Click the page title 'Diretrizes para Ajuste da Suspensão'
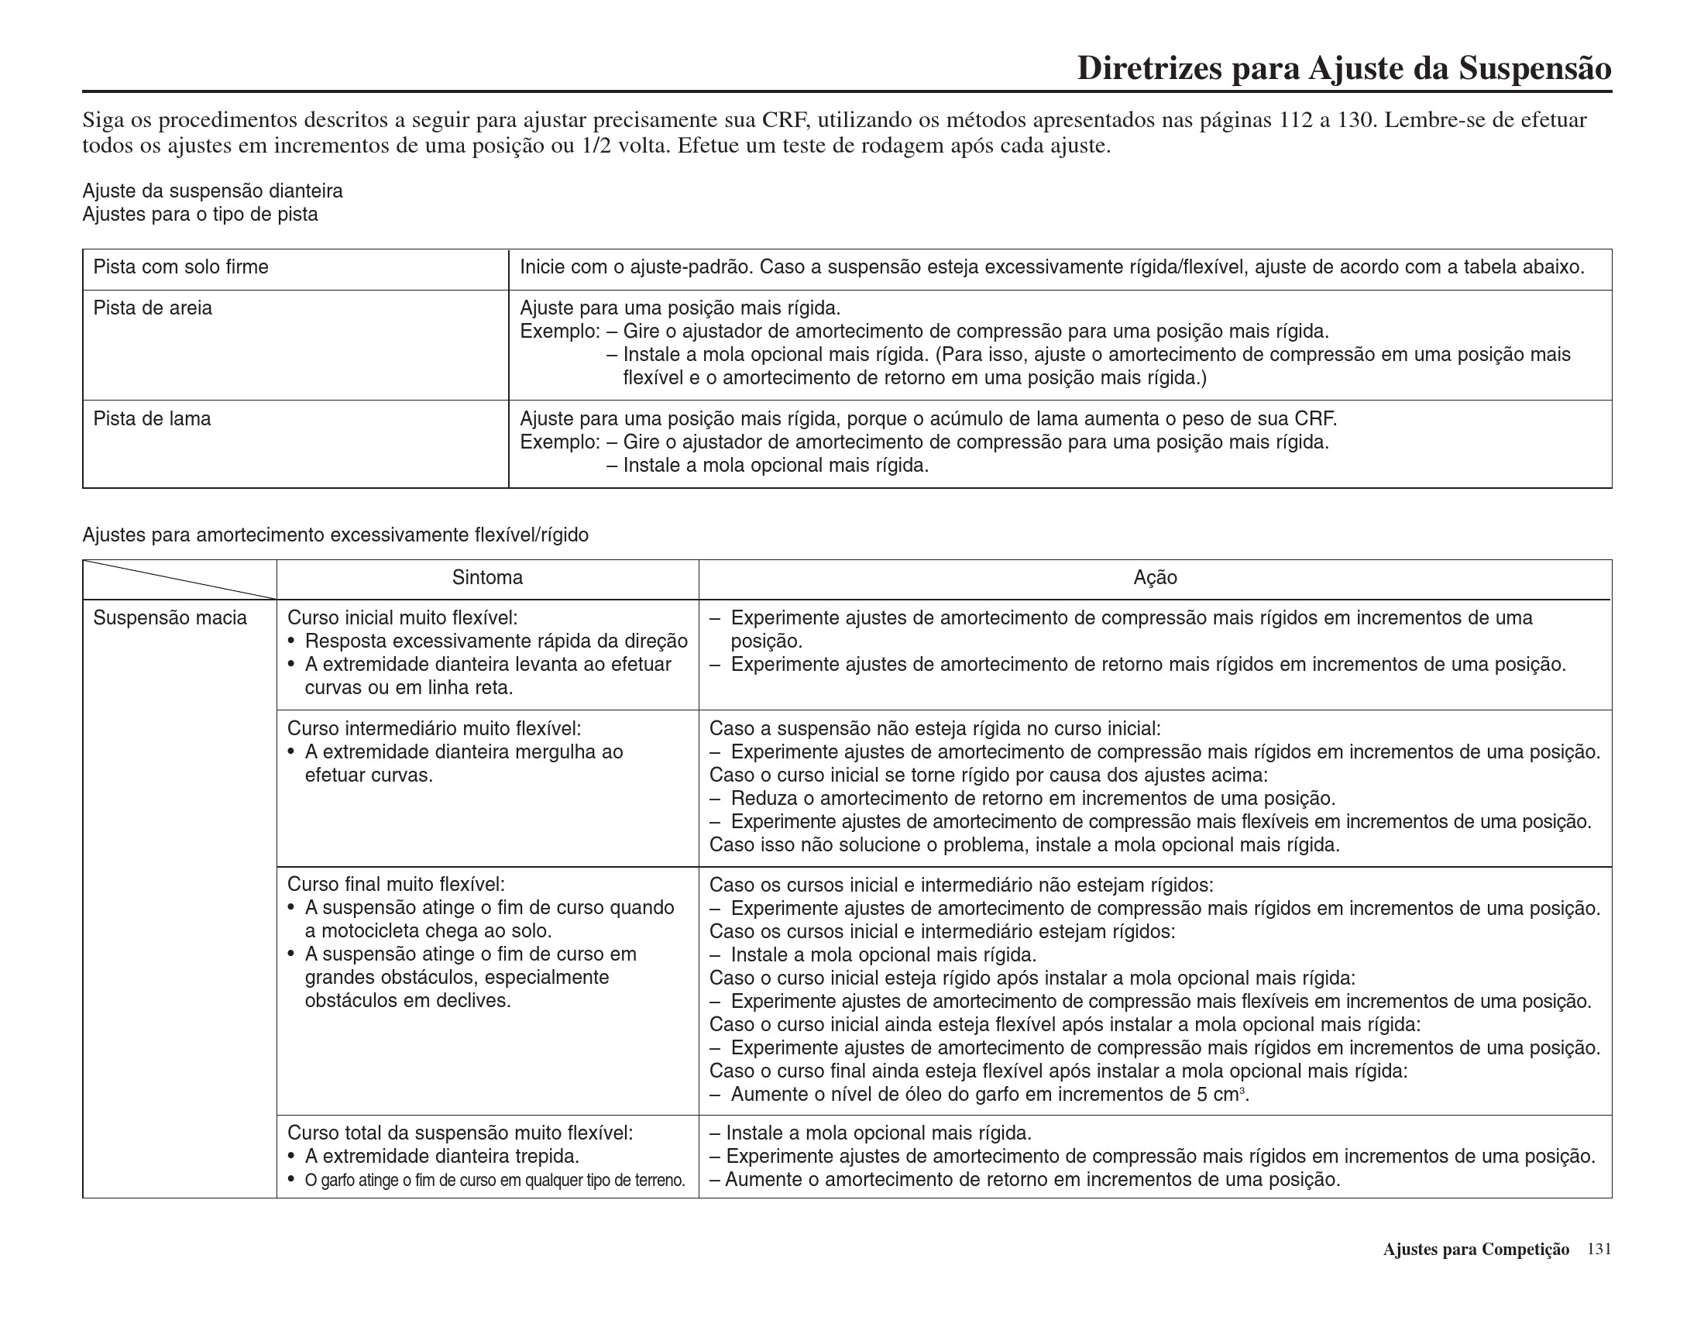point(1344,69)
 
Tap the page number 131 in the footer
point(1599,1249)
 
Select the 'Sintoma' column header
point(487,578)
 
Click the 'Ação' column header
point(1155,578)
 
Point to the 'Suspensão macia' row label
point(170,619)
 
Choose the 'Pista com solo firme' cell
point(181,267)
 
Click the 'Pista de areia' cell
point(153,308)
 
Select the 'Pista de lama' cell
point(152,419)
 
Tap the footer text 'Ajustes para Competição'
point(1476,1250)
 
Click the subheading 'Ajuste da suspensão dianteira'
point(212,191)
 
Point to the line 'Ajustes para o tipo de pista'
point(201,215)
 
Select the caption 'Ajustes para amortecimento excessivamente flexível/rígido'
point(335,535)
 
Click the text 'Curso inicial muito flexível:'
point(403,619)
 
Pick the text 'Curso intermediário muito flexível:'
point(434,729)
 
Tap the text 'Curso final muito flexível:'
point(397,885)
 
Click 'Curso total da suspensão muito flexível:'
point(460,1133)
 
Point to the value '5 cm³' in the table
point(1221,1095)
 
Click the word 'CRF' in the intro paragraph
point(785,120)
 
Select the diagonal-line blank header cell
point(180,579)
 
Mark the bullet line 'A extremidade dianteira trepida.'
point(441,1157)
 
